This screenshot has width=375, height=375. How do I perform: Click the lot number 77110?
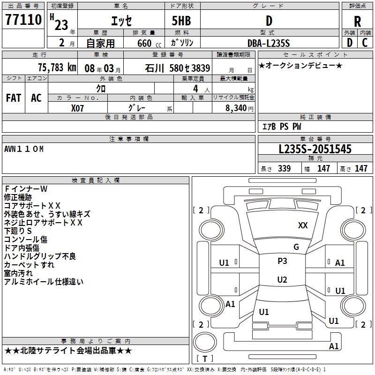[x=23, y=21]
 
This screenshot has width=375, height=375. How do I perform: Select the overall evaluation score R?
[x=357, y=21]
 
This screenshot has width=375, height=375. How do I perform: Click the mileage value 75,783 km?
[x=57, y=67]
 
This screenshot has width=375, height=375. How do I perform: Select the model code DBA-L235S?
[x=269, y=43]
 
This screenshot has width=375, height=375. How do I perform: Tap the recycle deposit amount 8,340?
[x=236, y=108]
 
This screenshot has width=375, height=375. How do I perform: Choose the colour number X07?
[x=77, y=108]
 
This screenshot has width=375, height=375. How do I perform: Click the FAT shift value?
[x=13, y=97]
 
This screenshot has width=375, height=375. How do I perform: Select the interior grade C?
[x=365, y=43]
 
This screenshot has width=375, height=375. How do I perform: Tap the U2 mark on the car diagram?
[x=282, y=280]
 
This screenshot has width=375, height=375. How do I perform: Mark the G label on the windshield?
[x=296, y=247]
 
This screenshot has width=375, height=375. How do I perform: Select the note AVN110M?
[x=24, y=149]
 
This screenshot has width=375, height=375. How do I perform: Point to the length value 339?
[x=284, y=169]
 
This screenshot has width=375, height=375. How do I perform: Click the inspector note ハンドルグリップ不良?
[x=40, y=256]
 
